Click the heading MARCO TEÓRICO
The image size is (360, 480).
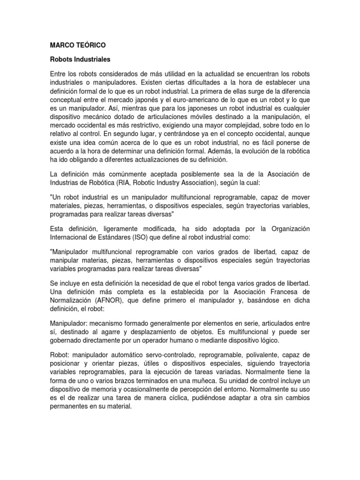coord(78,45)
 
